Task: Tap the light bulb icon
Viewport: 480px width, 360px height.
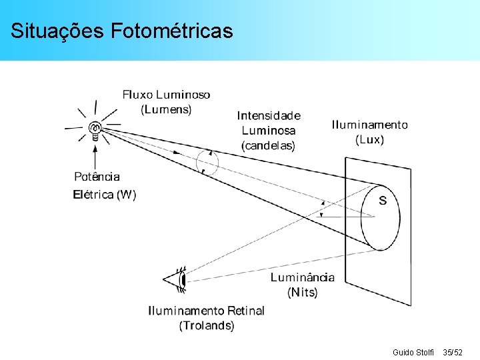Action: click(x=95, y=128)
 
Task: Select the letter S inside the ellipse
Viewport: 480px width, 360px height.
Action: click(x=383, y=200)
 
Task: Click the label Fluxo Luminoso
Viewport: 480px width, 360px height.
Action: click(x=166, y=95)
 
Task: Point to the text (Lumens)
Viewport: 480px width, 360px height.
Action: click(x=166, y=109)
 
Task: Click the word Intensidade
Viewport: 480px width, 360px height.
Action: click(x=269, y=116)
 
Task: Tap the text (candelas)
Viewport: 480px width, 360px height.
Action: click(x=269, y=145)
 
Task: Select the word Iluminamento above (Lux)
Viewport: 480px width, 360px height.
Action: click(x=370, y=125)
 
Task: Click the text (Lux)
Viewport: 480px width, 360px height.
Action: click(x=370, y=140)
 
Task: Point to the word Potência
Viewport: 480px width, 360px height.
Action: click(x=97, y=177)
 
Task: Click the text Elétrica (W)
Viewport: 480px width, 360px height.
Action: click(x=104, y=195)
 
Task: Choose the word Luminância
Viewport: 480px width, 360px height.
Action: click(x=303, y=277)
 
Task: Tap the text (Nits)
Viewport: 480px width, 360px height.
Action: click(x=303, y=292)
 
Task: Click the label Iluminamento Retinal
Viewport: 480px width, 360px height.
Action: click(x=206, y=311)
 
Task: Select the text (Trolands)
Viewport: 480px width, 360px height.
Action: click(x=207, y=325)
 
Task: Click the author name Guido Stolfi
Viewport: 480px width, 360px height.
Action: click(x=413, y=351)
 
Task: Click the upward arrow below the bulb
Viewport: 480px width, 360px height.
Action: click(x=96, y=157)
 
